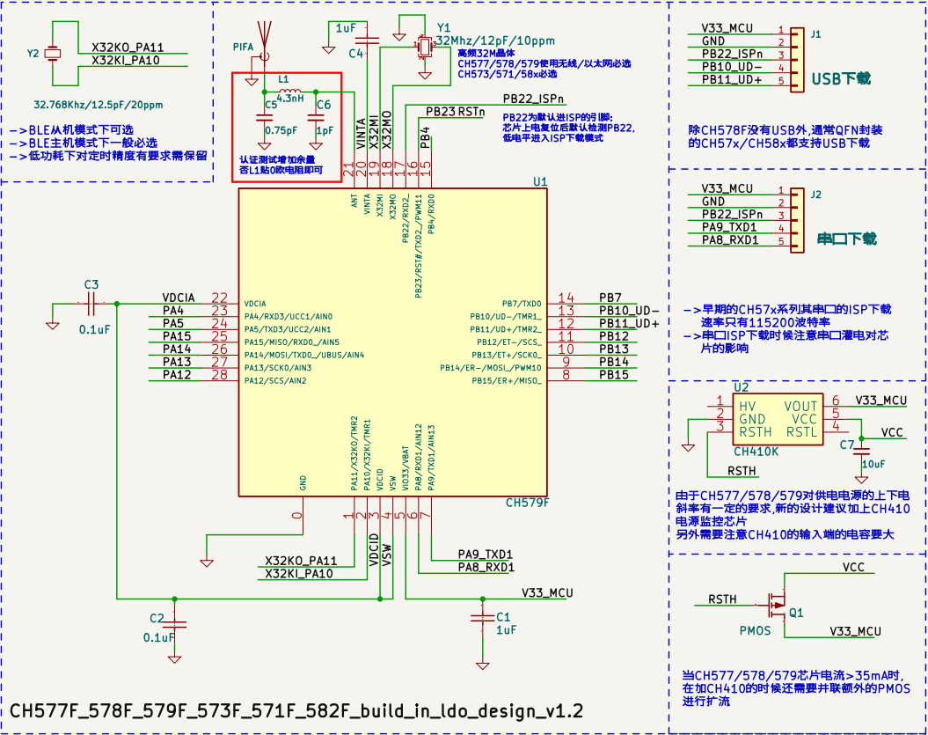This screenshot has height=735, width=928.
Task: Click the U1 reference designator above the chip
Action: (x=540, y=181)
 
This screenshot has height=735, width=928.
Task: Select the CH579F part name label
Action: (x=527, y=503)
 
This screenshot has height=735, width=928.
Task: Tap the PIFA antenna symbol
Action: (x=262, y=40)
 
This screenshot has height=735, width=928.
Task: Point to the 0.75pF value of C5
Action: (x=281, y=130)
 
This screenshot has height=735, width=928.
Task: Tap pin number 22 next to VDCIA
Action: (x=219, y=298)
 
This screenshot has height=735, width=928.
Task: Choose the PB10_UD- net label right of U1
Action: (x=628, y=311)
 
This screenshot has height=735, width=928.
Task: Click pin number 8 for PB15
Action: (x=566, y=375)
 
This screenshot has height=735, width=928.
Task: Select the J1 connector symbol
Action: (x=796, y=55)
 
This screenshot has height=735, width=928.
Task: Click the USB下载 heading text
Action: (x=841, y=78)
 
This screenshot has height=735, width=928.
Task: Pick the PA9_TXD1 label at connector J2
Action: (x=729, y=227)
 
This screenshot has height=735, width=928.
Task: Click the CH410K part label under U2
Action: (x=756, y=451)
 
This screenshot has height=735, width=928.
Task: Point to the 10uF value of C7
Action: (x=873, y=463)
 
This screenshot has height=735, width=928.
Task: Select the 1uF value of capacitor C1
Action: (x=505, y=630)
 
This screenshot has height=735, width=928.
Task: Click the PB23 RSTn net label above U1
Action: (x=454, y=112)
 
